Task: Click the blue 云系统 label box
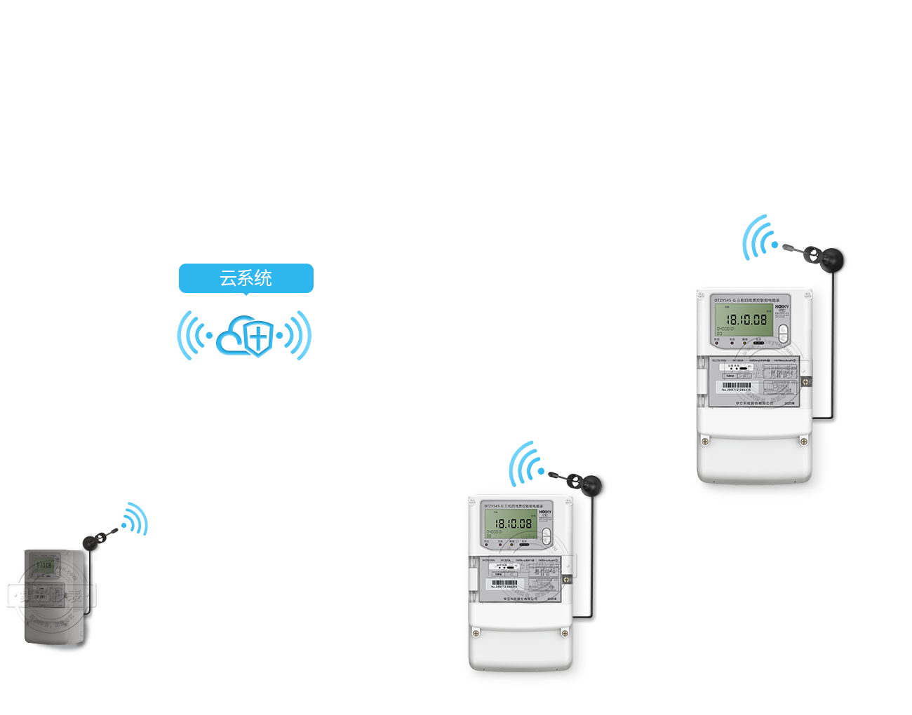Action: coord(246,279)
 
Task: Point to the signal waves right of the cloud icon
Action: coord(297,336)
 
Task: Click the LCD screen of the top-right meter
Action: coord(742,321)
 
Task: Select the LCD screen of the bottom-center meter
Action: coord(511,524)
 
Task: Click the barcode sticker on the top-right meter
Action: coord(737,386)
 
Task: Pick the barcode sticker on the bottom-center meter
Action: coord(504,583)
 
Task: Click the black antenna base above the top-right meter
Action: coord(836,259)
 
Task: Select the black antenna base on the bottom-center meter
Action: coord(590,484)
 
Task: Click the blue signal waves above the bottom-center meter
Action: coord(525,464)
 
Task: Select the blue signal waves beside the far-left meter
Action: coord(135,519)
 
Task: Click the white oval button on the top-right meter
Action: coord(784,334)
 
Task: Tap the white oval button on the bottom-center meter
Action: coord(546,537)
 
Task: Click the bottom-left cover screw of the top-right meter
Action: coord(705,441)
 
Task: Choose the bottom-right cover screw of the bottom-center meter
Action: coord(565,633)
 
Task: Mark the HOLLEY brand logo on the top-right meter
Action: coord(782,307)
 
